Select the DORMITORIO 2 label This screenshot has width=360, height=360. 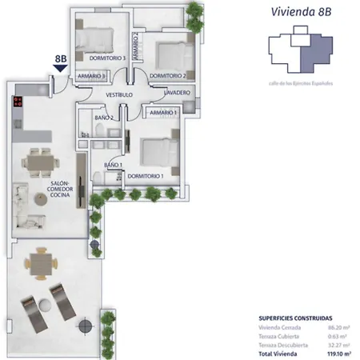(x=167, y=76)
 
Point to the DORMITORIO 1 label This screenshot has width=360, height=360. (x=145, y=175)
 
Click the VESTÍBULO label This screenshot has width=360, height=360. (x=119, y=95)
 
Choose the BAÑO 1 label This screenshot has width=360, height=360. (x=113, y=166)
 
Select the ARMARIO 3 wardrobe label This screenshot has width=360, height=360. (x=92, y=76)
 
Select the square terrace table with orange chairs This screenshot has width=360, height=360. (x=39, y=261)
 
